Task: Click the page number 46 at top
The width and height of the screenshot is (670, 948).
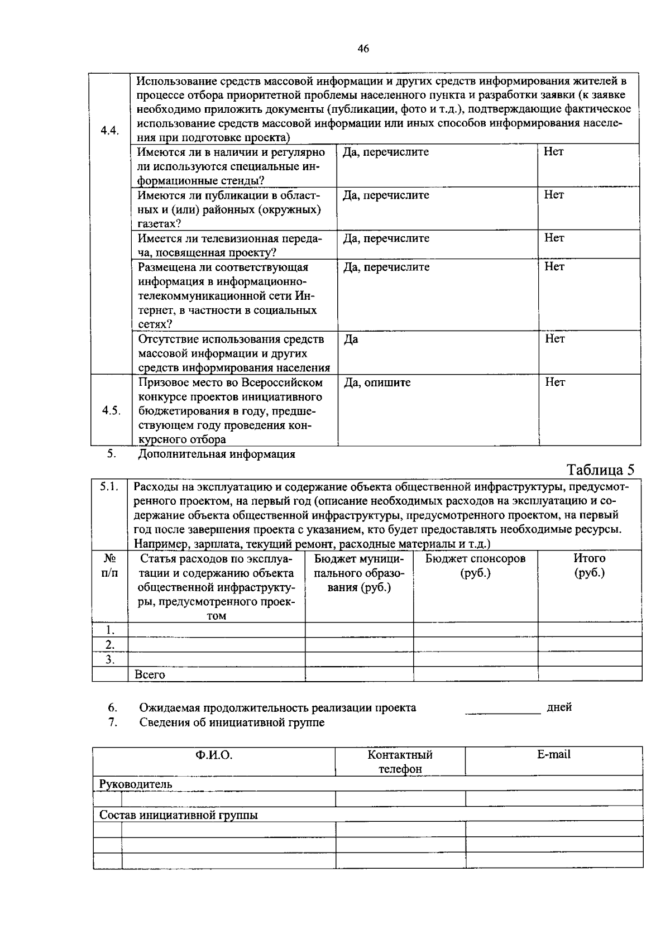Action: point(363,49)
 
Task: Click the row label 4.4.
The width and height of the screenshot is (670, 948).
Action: point(110,131)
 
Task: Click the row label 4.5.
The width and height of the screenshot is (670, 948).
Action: point(111,410)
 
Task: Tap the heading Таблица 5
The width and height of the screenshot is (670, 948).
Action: point(601,470)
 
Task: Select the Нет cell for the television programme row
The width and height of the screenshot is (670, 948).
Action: point(554,238)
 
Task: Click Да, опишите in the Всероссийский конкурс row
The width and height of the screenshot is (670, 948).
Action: point(377,383)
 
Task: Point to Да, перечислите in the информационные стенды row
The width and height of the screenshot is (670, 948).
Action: point(386,152)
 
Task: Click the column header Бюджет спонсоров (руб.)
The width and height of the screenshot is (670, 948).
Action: point(475,566)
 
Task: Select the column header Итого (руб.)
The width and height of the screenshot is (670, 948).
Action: point(589,566)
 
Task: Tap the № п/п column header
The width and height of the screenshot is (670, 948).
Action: point(109,566)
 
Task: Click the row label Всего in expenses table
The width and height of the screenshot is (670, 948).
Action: point(150,675)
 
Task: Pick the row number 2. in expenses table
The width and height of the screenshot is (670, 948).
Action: point(110,645)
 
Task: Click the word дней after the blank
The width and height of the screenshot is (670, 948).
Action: point(559,708)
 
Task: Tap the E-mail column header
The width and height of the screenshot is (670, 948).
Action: point(553,755)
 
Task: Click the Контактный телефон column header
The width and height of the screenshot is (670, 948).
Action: point(400,762)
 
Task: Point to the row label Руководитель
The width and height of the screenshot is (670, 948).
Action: point(136,784)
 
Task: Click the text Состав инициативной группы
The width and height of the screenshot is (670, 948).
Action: point(179,815)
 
